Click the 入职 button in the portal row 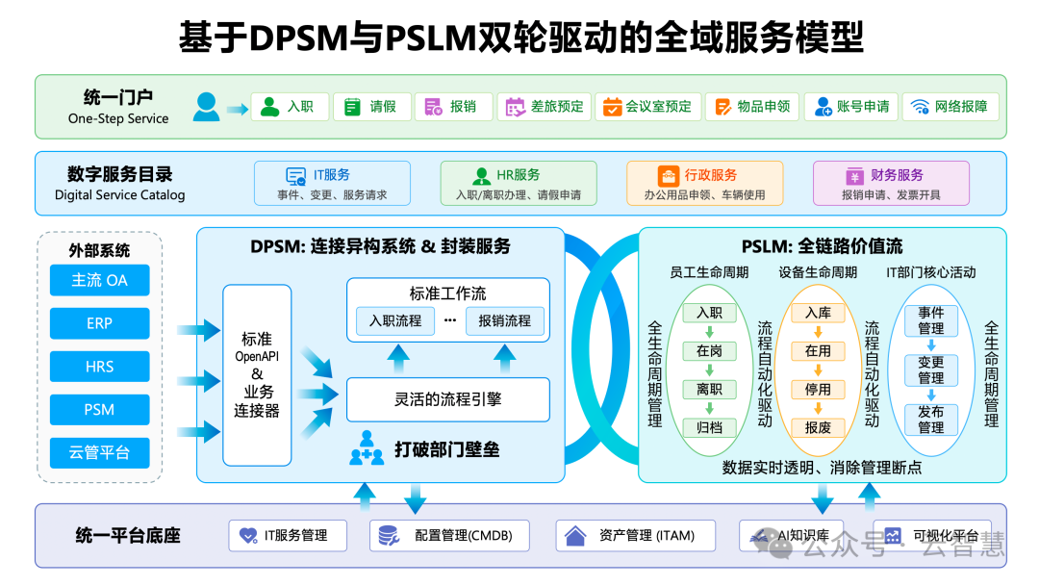(290, 107)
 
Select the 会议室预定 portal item (646, 107)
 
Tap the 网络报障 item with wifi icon (950, 107)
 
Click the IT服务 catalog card (332, 183)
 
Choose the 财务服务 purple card (891, 183)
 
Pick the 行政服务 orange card (704, 183)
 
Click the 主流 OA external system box (99, 280)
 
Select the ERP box (99, 323)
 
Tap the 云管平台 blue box (99, 452)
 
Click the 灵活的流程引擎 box (447, 399)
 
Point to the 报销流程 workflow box (504, 320)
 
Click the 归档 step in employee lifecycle (709, 427)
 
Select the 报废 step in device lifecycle (818, 427)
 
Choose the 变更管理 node (930, 370)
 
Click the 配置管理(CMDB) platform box (449, 535)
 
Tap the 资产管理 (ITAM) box (636, 535)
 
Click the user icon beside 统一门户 (206, 106)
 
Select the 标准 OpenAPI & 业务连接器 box (257, 375)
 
